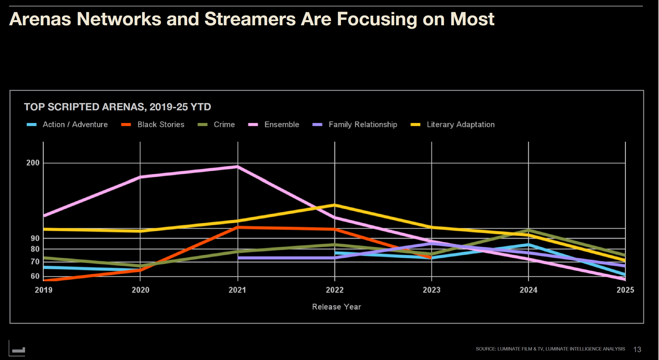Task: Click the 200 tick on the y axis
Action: point(33,163)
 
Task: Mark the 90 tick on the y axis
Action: point(35,238)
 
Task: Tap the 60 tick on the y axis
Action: point(35,276)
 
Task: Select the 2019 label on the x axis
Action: point(43,290)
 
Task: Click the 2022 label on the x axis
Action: point(334,290)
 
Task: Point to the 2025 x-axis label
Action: point(625,290)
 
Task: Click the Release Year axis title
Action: point(336,307)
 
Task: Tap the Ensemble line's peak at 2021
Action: point(238,167)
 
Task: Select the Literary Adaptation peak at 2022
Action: point(334,205)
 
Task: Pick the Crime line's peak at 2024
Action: point(528,230)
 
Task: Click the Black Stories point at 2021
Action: point(238,227)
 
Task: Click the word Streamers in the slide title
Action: point(250,19)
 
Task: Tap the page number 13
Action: point(637,349)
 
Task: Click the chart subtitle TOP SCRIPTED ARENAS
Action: point(117,107)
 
